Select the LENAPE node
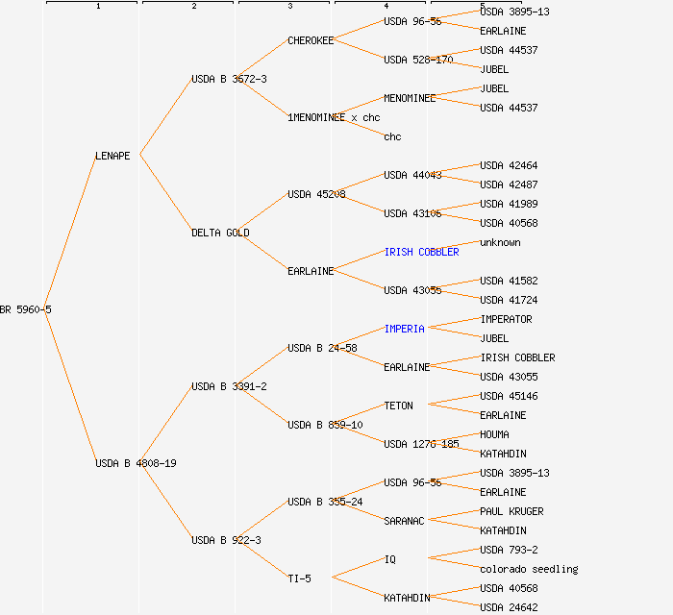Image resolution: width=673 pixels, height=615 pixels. (112, 156)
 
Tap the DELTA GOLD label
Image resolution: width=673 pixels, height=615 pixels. (220, 233)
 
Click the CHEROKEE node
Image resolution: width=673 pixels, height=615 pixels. (311, 40)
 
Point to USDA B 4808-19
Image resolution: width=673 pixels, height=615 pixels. (136, 463)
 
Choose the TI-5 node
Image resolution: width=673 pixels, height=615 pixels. (299, 578)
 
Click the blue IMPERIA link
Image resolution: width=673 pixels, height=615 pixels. (404, 329)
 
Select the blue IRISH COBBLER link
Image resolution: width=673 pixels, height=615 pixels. (421, 252)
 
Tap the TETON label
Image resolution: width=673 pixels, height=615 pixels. (398, 406)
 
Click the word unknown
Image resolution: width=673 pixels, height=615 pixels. (500, 242)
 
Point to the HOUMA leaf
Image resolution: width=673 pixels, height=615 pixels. (494, 434)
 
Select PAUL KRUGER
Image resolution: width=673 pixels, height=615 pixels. (511, 511)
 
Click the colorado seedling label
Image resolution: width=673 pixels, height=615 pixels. (529, 569)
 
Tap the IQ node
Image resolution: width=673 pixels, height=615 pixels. (389, 559)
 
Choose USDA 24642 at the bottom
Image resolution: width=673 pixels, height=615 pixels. (509, 607)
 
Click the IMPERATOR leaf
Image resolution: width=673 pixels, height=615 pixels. (506, 319)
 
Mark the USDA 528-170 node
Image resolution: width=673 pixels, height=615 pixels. (418, 60)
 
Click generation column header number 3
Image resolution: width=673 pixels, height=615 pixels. (289, 7)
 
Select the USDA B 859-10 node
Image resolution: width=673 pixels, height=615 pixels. (325, 425)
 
